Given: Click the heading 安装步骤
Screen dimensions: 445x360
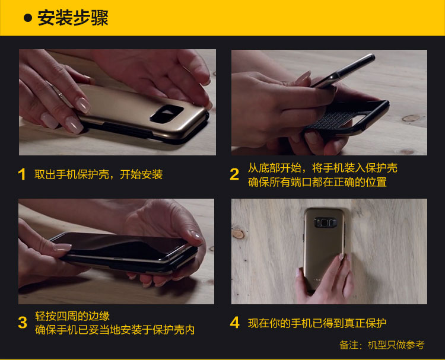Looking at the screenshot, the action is click(72, 18).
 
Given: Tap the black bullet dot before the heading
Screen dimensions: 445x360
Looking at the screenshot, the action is click(28, 18).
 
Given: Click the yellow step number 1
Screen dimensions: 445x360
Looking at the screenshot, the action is click(22, 174).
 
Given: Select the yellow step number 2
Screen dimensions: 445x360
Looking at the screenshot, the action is click(234, 174).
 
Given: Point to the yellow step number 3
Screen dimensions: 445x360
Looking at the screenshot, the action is click(23, 323).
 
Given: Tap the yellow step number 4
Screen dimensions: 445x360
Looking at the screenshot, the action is click(235, 323).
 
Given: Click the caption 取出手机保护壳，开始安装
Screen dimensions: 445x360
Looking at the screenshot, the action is click(98, 174).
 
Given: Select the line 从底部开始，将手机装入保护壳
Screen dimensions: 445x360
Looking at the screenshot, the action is click(323, 168).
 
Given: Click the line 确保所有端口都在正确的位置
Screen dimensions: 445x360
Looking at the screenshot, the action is click(317, 182).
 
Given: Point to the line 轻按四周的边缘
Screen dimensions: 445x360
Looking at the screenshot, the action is click(72, 316).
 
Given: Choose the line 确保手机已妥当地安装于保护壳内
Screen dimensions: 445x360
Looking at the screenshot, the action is click(115, 330).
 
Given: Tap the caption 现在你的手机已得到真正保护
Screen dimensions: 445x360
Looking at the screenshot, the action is click(317, 323).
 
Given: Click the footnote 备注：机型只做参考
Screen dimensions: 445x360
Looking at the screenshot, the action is click(382, 345).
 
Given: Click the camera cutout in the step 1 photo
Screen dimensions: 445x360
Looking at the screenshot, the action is click(167, 114).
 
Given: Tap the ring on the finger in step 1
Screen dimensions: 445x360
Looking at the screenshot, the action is click(60, 95).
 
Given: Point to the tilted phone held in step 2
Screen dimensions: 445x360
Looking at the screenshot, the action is click(344, 71).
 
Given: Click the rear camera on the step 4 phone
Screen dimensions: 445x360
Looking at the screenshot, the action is click(325, 222).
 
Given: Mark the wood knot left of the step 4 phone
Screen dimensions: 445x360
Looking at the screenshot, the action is click(239, 234).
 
